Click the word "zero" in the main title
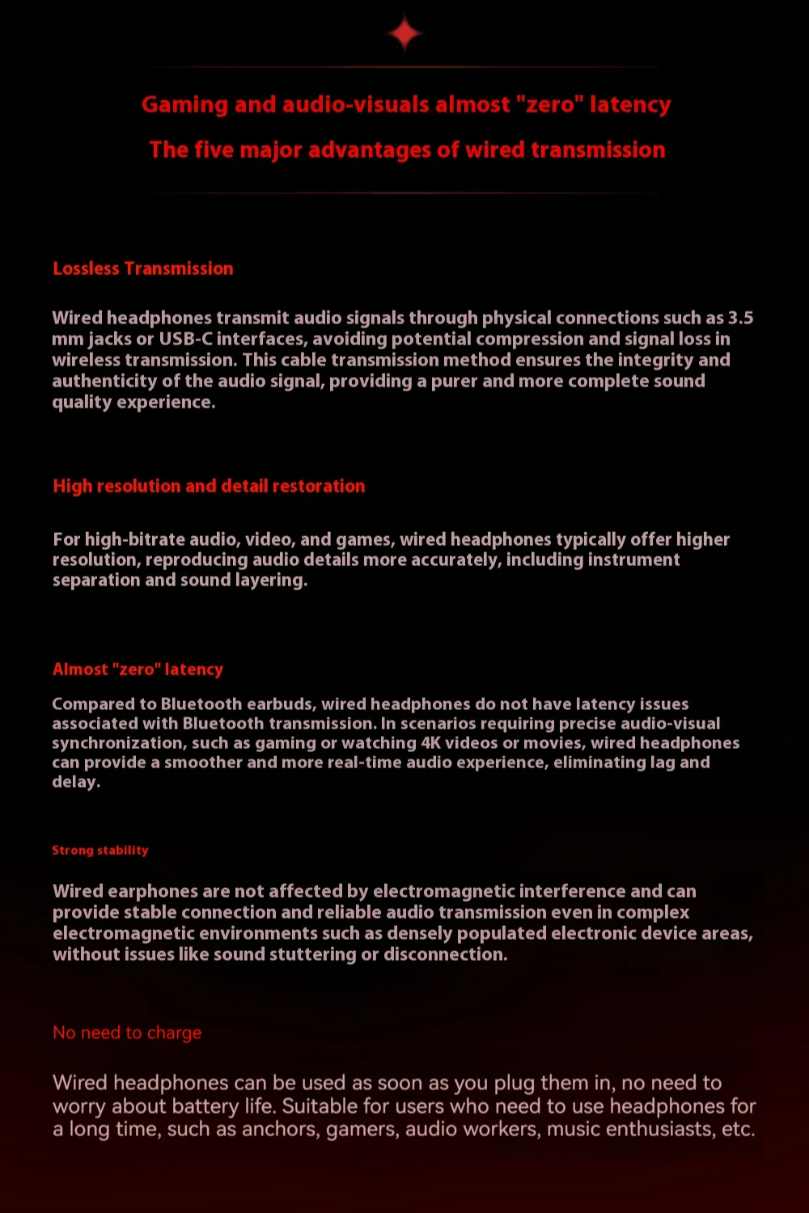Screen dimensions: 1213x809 coord(550,105)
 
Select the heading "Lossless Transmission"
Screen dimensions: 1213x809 coord(143,268)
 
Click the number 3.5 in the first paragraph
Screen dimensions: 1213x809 coord(740,318)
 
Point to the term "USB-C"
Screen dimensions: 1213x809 coord(185,339)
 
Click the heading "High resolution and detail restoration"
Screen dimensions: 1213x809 coord(209,486)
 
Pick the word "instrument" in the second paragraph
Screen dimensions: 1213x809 coord(633,560)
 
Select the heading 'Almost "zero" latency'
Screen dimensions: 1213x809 coord(138,670)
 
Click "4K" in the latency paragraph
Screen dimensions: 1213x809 coord(430,743)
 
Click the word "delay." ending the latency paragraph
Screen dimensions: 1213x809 coord(76,782)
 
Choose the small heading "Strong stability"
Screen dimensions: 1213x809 coord(100,851)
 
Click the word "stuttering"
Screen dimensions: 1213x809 coord(312,954)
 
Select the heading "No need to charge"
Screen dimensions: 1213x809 coord(127,1033)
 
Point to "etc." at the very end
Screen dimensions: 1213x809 coord(737,1129)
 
